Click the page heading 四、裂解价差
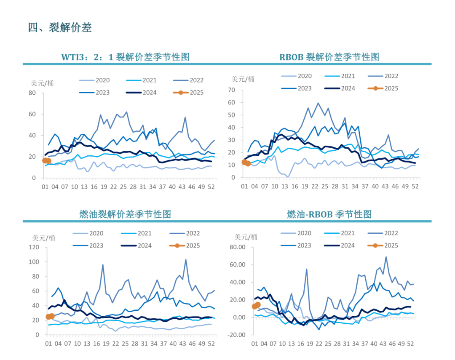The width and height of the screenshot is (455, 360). click(60, 28)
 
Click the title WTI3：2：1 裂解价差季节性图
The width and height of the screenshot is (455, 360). click(125, 57)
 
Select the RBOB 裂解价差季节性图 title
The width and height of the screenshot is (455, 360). click(329, 57)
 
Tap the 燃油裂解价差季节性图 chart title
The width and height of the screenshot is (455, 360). click(125, 214)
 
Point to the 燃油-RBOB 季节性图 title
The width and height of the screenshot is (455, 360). click(329, 214)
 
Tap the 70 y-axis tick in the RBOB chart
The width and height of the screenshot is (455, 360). click(231, 90)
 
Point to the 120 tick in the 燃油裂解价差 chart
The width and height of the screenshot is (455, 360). click(34, 248)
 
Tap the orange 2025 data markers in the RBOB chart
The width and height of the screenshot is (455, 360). click(246, 163)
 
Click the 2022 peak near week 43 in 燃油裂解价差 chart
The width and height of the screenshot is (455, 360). click(186, 260)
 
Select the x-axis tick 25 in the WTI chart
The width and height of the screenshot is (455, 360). click(123, 187)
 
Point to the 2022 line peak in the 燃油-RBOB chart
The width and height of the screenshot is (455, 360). click(385, 257)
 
